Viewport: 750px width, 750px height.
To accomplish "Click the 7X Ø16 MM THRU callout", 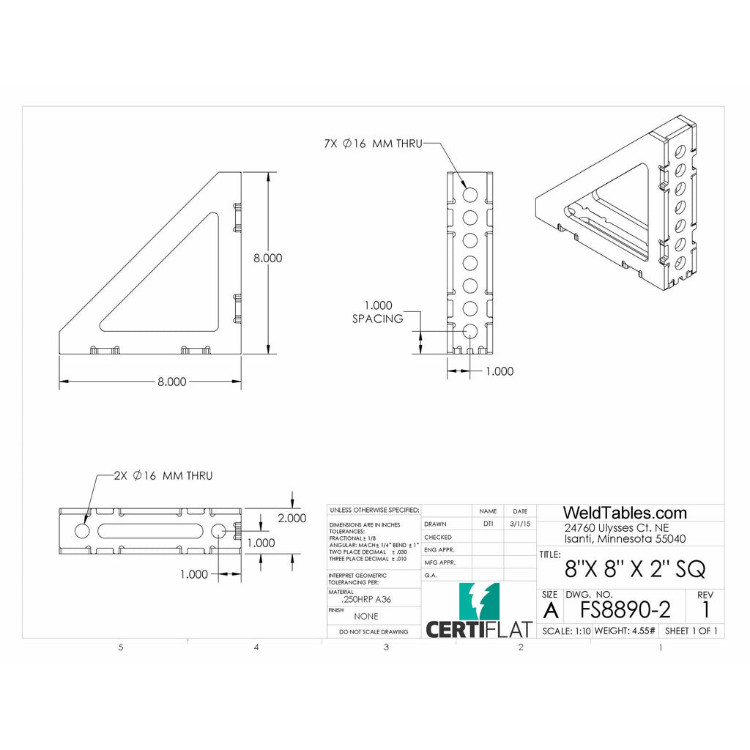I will pyautogui.click(x=373, y=144).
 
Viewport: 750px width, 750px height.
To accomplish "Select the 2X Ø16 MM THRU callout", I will pyautogui.click(x=163, y=476).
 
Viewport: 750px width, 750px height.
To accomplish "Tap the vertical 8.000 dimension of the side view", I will pyautogui.click(x=267, y=258).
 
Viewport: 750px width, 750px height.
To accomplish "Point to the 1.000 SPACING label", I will pyautogui.click(x=377, y=312).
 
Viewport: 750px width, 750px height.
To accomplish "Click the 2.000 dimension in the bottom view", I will pyautogui.click(x=292, y=518).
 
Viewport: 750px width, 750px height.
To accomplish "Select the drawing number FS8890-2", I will pyautogui.click(x=625, y=609).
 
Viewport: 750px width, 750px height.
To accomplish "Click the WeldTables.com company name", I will pyautogui.click(x=624, y=513).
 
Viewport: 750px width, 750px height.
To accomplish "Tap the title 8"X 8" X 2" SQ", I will pyautogui.click(x=635, y=568).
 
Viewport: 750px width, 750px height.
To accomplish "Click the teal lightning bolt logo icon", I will pyautogui.click(x=479, y=601).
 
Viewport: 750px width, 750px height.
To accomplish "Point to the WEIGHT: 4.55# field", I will pyautogui.click(x=625, y=631).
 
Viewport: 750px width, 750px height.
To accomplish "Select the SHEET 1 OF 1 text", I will pyautogui.click(x=691, y=631).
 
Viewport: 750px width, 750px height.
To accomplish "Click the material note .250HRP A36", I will pyautogui.click(x=367, y=599).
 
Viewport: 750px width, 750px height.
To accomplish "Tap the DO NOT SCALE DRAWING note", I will pyautogui.click(x=374, y=631).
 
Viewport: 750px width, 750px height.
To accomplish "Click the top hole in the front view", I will pyautogui.click(x=469, y=194).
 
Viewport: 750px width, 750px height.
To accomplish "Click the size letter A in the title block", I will pyautogui.click(x=552, y=609).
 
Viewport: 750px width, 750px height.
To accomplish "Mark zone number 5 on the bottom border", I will pyautogui.click(x=121, y=647).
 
